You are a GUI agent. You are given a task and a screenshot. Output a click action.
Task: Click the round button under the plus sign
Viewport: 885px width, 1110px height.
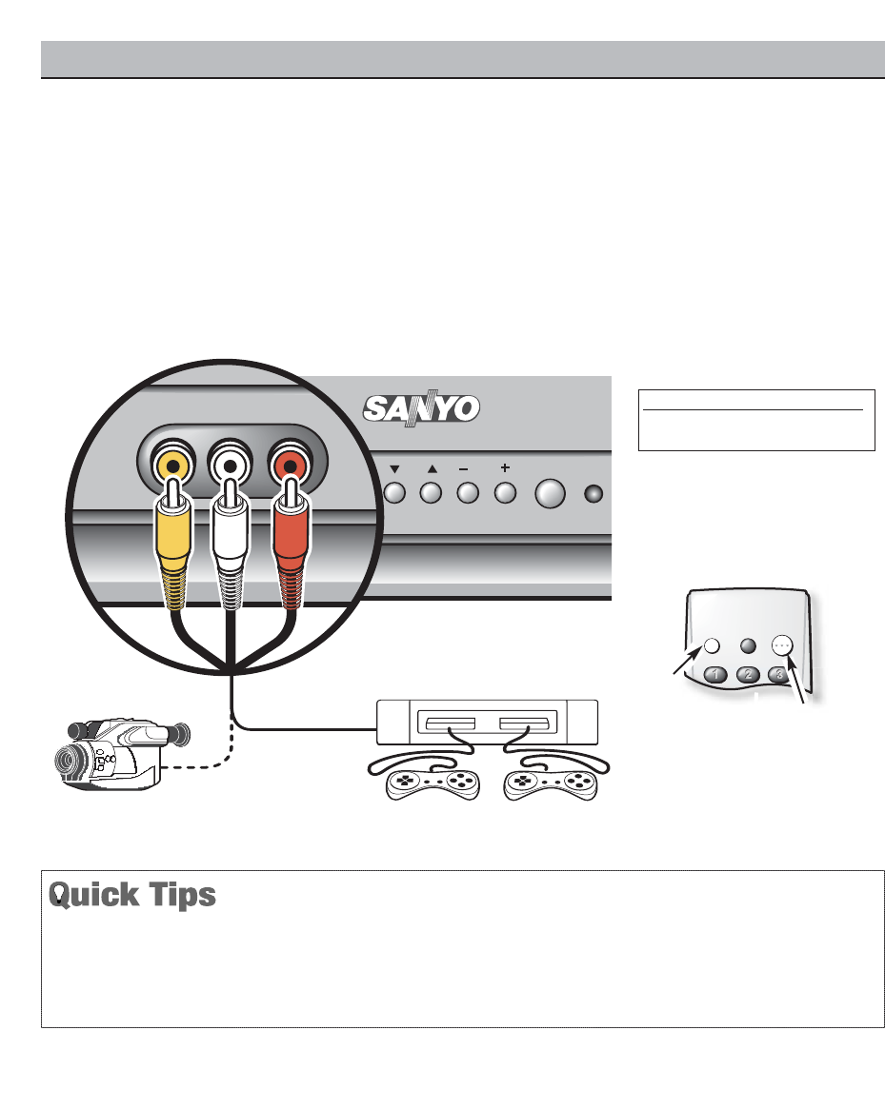[x=505, y=494]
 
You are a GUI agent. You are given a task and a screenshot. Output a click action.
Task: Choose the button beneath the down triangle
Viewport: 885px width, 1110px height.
[x=394, y=494]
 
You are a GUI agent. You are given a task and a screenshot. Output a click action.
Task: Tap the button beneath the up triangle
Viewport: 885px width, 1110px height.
[x=431, y=494]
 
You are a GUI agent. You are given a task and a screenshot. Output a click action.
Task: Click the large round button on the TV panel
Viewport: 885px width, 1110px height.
[x=551, y=494]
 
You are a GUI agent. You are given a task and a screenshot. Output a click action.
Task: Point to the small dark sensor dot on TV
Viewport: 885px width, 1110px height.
[x=593, y=494]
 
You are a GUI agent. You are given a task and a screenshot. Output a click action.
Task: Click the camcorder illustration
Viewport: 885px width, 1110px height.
[x=113, y=752]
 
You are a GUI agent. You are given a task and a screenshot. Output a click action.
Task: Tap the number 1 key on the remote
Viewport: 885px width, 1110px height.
[x=716, y=675]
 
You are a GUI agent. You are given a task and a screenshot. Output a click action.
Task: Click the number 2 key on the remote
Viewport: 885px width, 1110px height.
[x=750, y=675]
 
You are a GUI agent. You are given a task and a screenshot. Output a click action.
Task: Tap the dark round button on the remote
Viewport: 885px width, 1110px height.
[x=748, y=644]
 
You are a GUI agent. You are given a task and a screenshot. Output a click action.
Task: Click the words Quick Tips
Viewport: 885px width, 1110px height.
[x=132, y=897]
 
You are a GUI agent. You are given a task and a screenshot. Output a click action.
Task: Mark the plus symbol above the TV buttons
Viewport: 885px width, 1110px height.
[x=505, y=467]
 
